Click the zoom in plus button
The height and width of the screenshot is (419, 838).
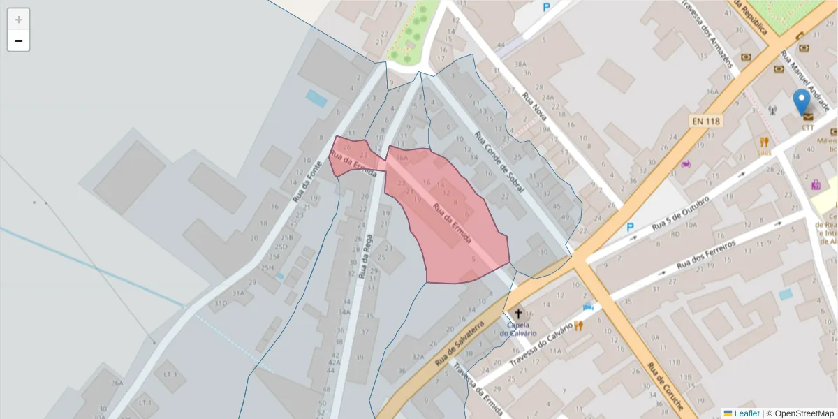coord(19,20)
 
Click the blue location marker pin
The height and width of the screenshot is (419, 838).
coord(802,102)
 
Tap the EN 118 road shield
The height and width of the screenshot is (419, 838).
coord(705,121)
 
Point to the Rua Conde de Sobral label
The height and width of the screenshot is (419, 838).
coord(499,163)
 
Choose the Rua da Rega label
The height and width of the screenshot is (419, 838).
coord(364,257)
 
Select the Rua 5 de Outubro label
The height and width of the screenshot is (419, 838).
coord(681,213)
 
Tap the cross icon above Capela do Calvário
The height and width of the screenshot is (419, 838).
coord(517,313)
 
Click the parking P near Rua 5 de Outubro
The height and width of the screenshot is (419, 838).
coord(630,227)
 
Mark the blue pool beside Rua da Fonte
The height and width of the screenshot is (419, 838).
coord(316,98)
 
